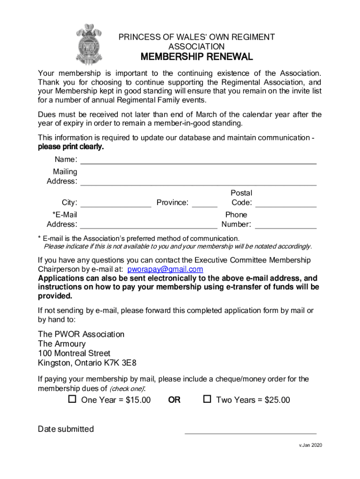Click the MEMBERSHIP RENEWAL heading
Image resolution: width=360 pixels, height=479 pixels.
tap(196, 58)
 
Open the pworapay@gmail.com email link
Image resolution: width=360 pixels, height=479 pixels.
tap(165, 269)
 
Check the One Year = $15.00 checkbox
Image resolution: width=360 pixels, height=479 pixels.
tap(72, 399)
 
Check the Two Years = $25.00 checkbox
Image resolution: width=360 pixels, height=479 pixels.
tap(207, 399)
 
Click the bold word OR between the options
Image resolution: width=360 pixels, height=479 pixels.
tap(174, 400)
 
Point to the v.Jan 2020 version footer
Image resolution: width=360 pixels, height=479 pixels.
tap(310, 445)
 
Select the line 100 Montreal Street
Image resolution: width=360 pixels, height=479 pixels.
tap(74, 353)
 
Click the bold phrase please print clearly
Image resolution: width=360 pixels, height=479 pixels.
tap(71, 147)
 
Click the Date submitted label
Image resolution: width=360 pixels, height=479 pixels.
tap(65, 429)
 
